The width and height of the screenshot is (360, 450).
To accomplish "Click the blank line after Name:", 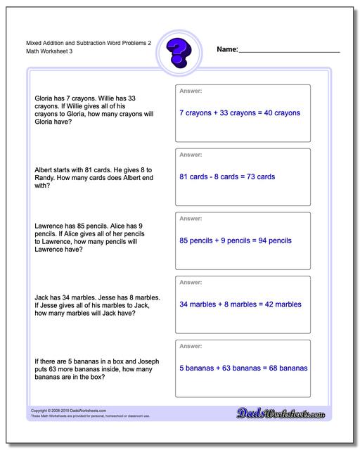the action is click(289, 51).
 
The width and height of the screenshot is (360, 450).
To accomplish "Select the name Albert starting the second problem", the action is click(44, 169).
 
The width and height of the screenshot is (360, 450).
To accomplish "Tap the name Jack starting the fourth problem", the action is click(41, 297).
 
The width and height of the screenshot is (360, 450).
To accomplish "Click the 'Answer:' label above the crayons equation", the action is click(191, 91).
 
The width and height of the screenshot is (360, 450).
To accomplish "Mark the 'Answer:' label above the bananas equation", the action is click(191, 347).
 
